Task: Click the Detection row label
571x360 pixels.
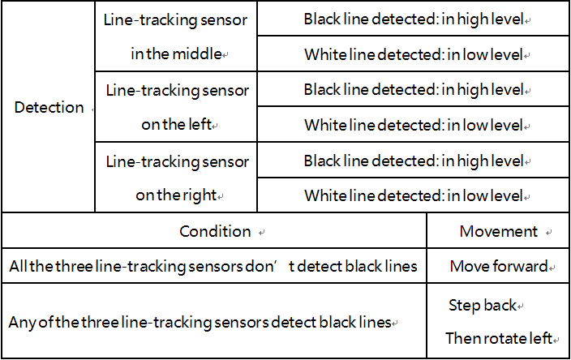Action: point(49,107)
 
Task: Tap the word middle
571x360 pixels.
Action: point(197,54)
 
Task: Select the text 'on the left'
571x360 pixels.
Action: point(177,125)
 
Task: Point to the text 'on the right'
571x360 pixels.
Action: point(176,195)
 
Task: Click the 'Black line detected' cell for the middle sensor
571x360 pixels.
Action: point(414,19)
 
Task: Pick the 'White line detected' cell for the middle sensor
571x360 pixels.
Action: point(414,54)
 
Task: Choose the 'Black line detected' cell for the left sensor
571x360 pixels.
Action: point(414,89)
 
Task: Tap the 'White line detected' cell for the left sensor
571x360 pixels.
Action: point(414,125)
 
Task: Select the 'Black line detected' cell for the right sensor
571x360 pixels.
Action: point(414,161)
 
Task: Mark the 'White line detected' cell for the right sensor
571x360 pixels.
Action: point(414,196)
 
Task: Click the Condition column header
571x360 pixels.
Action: point(215,231)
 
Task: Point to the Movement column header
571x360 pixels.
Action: point(499,231)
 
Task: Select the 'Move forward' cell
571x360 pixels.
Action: point(499,266)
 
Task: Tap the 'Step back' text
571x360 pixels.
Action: point(483,305)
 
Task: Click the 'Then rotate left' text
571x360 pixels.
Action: point(499,338)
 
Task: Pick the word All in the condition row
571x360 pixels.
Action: point(19,266)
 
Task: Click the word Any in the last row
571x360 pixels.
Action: point(23,323)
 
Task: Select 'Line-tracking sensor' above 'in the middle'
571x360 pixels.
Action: point(175,19)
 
